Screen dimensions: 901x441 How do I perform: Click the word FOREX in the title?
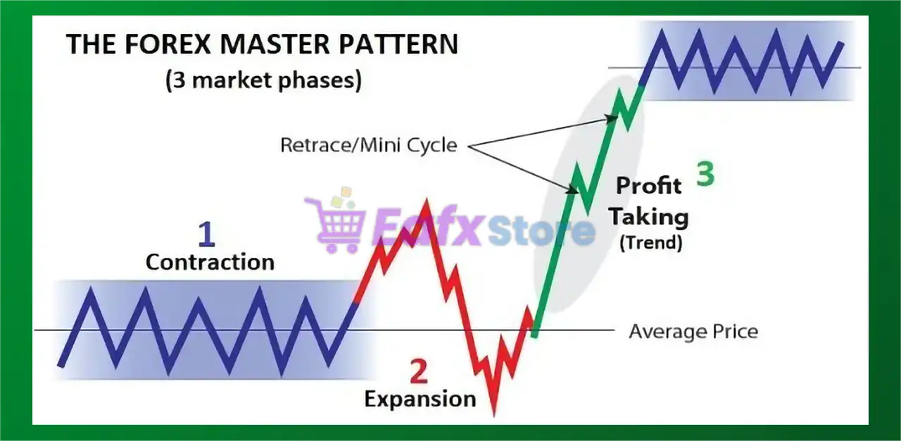click(168, 44)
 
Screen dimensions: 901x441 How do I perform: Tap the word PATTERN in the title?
click(398, 44)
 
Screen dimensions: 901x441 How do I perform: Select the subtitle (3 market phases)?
click(263, 80)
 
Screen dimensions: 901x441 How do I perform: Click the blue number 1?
click(207, 234)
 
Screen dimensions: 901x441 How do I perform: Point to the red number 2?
click(418, 371)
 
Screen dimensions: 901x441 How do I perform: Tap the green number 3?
click(705, 174)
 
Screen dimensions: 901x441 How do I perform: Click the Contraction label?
click(210, 262)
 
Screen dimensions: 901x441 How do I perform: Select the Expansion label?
click(420, 399)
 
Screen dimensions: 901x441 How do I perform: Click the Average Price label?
click(693, 332)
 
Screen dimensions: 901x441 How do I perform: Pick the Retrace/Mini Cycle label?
click(369, 145)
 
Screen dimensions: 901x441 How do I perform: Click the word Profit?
click(649, 185)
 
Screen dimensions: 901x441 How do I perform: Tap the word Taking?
click(649, 217)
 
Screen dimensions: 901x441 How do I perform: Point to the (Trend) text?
click(651, 242)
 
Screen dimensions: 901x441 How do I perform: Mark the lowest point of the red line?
click(494, 415)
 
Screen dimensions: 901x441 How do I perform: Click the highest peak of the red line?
click(427, 200)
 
